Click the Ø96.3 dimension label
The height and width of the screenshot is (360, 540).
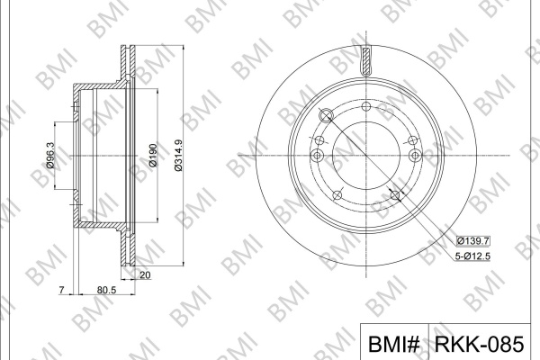click(50, 155)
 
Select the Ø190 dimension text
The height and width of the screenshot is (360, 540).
click(153, 155)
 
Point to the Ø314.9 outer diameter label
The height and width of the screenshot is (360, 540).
click(178, 155)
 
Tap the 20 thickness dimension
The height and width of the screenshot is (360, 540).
click(146, 274)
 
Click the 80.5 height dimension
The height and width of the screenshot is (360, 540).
click(107, 290)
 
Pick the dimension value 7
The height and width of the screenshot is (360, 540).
click(61, 290)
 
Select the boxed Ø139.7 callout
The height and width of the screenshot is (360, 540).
click(473, 241)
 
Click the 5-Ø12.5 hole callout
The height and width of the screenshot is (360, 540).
click(472, 256)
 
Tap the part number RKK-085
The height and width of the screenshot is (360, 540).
click(480, 344)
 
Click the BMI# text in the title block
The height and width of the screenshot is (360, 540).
click(394, 344)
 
